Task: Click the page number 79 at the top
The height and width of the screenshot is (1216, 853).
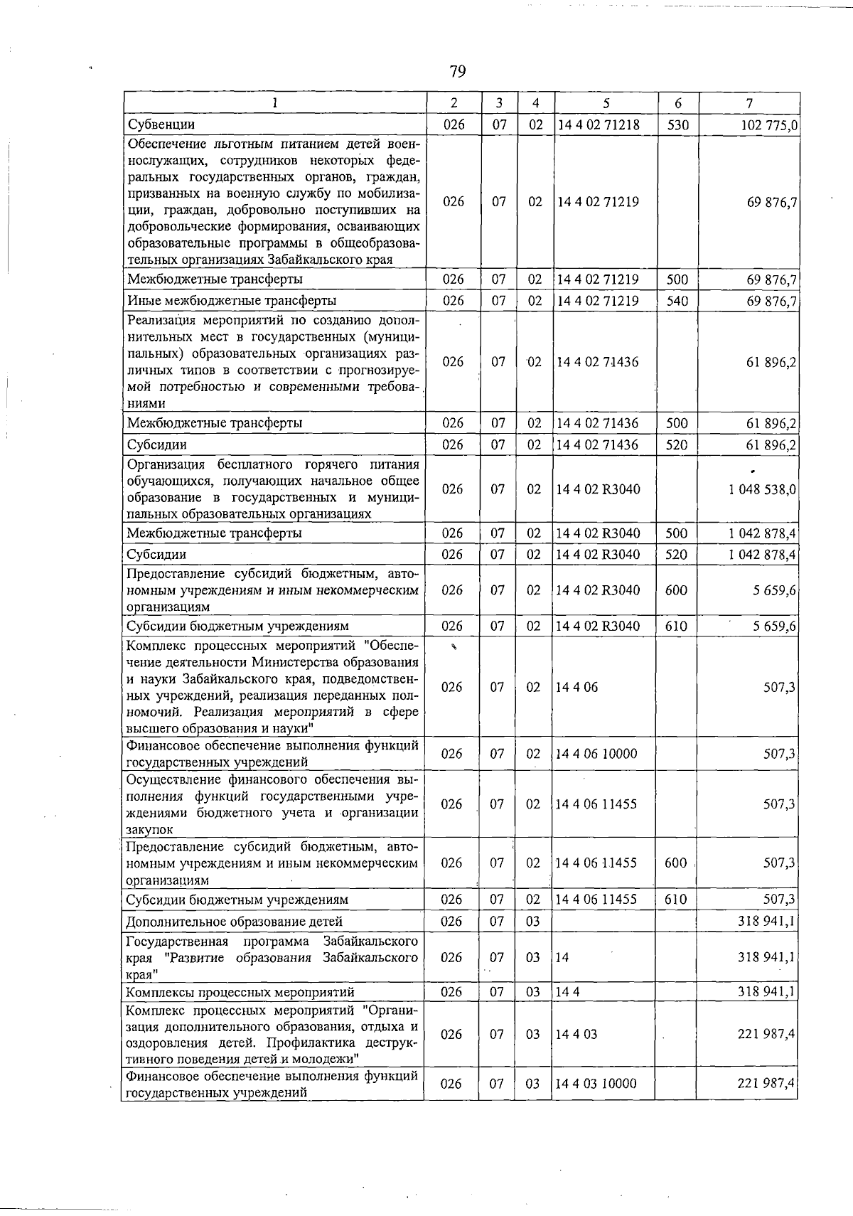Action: point(457,71)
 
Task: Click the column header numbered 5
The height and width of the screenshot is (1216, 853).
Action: point(606,103)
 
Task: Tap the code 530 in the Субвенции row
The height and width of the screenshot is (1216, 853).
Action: point(678,125)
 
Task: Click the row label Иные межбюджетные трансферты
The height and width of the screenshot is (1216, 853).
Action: point(232,301)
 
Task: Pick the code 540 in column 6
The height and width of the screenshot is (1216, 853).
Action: point(677,301)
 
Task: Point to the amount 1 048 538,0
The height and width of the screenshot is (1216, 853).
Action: point(762,490)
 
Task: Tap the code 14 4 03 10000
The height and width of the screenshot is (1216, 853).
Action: point(596,1084)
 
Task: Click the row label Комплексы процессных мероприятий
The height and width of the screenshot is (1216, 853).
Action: point(240,992)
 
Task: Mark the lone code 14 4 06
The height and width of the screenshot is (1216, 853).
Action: point(576,688)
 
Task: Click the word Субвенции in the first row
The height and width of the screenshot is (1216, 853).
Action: point(161,125)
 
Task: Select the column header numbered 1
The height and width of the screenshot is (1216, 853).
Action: point(274,103)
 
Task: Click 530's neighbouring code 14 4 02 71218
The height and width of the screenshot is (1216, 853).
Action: point(599,125)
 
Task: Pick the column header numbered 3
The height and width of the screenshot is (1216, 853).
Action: point(499,103)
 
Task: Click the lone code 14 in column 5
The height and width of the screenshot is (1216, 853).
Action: point(562,958)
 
